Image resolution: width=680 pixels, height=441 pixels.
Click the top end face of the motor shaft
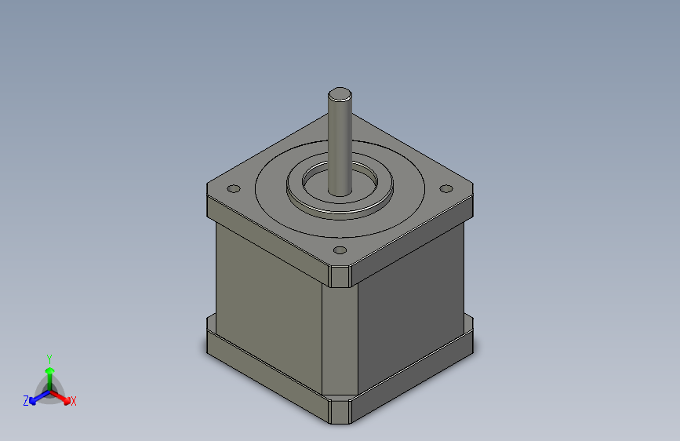tap(340, 94)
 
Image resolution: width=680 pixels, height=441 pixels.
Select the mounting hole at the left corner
tap(234, 188)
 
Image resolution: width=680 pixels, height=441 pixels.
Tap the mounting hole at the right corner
tap(446, 188)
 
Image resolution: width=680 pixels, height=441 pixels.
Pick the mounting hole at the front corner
tap(340, 250)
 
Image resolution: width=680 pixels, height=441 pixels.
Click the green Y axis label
tap(49, 359)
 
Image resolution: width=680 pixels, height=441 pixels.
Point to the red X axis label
tap(73, 401)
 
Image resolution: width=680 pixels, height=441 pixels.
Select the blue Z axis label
tap(26, 401)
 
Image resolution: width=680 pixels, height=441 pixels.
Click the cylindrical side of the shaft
tap(340, 148)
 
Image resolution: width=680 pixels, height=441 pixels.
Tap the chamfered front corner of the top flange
tap(340, 277)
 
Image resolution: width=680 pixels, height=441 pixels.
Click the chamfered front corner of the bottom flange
tap(340, 412)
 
